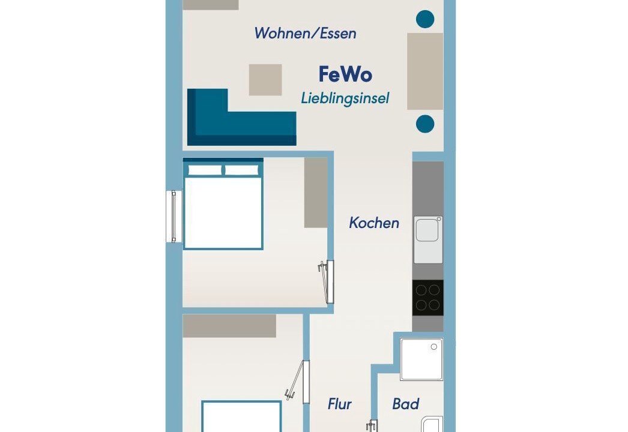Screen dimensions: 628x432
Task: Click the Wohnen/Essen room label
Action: tap(305, 33)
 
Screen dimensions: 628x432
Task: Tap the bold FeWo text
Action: tap(345, 74)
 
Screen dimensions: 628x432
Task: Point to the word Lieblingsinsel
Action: tap(345, 98)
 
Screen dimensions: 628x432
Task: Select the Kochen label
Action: tap(374, 223)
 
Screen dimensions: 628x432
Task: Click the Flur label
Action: tap(340, 404)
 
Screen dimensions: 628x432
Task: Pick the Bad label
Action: tap(406, 404)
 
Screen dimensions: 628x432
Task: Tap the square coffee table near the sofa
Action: tap(265, 80)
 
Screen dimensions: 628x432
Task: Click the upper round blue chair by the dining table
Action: tap(425, 19)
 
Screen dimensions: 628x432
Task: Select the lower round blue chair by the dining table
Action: tap(425, 124)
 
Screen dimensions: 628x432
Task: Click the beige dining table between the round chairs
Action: tap(425, 71)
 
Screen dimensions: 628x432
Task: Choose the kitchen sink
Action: tap(428, 240)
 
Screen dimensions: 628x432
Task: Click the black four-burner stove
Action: tap(427, 298)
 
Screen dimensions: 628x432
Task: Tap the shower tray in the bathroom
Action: tap(421, 359)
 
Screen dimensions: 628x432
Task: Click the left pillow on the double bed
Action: tap(205, 170)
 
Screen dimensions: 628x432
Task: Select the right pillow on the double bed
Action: tap(241, 170)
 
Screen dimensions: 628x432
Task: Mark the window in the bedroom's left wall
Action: tap(174, 217)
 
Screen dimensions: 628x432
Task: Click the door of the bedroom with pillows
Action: tap(327, 282)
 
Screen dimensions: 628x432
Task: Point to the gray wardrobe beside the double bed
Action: tap(316, 193)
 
